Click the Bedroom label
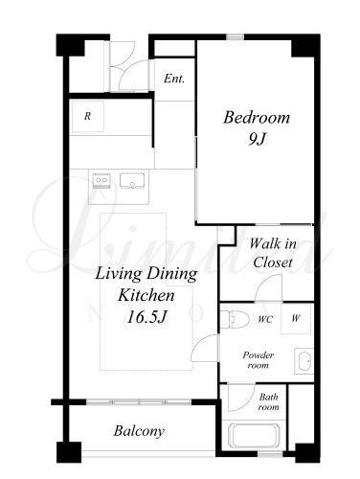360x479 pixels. pyautogui.click(x=257, y=118)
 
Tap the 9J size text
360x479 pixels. pyautogui.click(x=257, y=139)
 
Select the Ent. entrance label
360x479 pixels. pyautogui.click(x=174, y=79)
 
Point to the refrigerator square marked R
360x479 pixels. pyautogui.click(x=88, y=117)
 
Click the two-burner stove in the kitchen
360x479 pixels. pyautogui.click(x=101, y=181)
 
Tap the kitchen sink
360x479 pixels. pyautogui.click(x=132, y=180)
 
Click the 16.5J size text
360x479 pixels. pyautogui.click(x=147, y=317)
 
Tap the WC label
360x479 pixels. pyautogui.click(x=265, y=319)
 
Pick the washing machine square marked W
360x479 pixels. pyautogui.click(x=296, y=319)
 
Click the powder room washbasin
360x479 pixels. pyautogui.click(x=304, y=361)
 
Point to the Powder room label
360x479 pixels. pyautogui.click(x=259, y=360)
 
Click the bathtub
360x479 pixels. pyautogui.click(x=255, y=436)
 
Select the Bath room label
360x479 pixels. pyautogui.click(x=269, y=401)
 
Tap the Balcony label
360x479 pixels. pyautogui.click(x=139, y=431)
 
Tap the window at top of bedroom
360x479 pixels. pyautogui.click(x=236, y=37)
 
